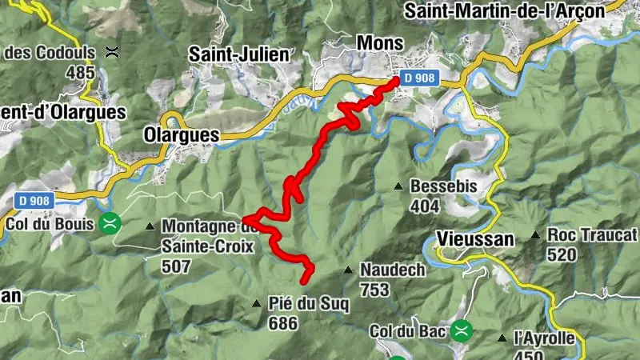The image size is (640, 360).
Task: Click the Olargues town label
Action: [181, 135]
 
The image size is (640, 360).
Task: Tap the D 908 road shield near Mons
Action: [419, 78]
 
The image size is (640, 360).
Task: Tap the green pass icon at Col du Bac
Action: [462, 330]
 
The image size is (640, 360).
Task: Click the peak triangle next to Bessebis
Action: [398, 187]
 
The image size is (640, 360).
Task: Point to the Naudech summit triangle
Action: [348, 270]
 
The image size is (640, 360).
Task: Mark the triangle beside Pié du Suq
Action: [256, 303]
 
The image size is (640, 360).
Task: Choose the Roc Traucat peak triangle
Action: [535, 235]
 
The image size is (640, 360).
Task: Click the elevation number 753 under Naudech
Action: [374, 289]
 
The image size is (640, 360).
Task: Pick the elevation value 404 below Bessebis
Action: [424, 206]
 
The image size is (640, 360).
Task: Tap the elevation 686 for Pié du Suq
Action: [283, 323]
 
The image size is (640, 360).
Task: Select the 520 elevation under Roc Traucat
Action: [562, 254]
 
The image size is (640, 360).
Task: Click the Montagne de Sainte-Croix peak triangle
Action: [150, 226]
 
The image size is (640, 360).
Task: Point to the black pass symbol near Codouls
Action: [113, 53]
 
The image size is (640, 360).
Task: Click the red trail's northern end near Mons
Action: [395, 80]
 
